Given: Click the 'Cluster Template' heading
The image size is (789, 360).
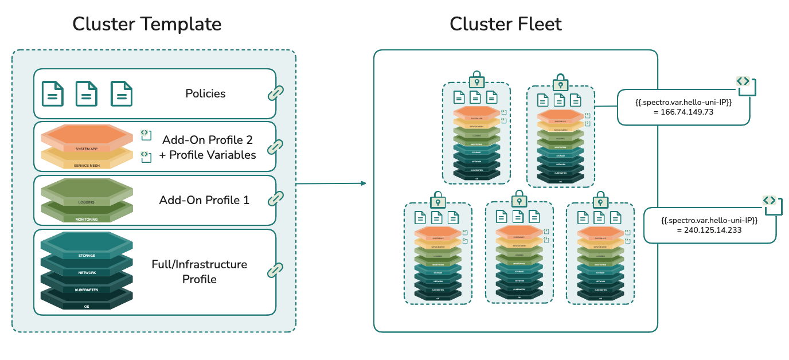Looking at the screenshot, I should coord(147,24).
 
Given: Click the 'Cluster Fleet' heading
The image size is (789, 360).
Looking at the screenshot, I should coord(505,24).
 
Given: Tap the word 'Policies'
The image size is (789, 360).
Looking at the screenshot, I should coord(205,93).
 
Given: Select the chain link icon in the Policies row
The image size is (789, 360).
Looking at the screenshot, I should coord(276,93).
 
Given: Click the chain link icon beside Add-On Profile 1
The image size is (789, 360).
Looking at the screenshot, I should coord(276,198).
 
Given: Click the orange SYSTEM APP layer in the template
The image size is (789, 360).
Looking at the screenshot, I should coord(87,138).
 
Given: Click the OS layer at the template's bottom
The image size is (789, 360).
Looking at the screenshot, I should coord(87,306).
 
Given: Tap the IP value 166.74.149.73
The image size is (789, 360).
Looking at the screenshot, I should coord(683,112).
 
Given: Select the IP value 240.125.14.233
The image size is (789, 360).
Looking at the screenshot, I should coord(709,230).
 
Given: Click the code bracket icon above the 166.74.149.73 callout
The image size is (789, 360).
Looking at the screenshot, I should coord(743,81).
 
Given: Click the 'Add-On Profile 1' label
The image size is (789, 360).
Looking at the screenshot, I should coord(204,200).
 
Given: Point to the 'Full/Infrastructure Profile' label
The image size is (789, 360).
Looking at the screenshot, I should coord(199,272).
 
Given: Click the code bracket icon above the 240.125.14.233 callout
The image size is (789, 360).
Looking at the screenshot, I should coord(770,200).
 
